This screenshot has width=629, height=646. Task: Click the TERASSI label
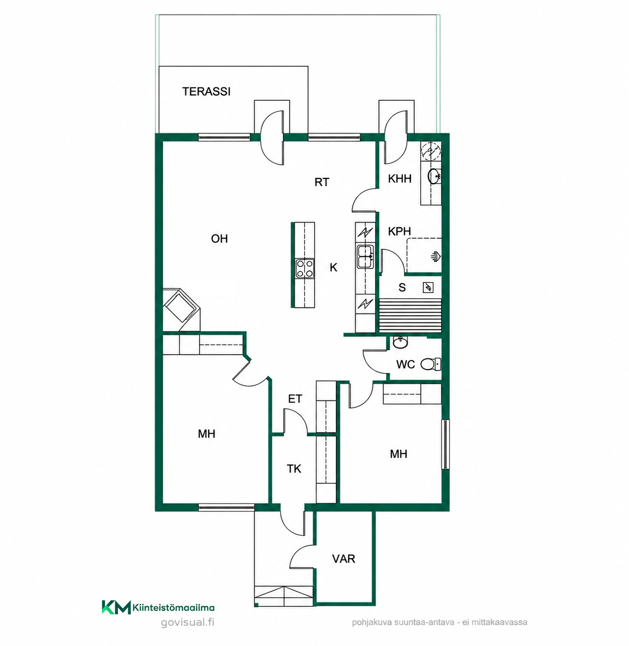click(x=206, y=91)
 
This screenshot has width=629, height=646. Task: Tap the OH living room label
click(x=219, y=239)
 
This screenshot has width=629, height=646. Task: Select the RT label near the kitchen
click(x=322, y=182)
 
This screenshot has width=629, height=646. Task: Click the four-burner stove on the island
click(x=305, y=268)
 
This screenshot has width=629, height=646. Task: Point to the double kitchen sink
click(x=365, y=256)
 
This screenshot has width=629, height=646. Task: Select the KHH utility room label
click(x=400, y=178)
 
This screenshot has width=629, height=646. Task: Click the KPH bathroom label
click(x=399, y=231)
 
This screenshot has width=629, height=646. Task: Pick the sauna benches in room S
click(x=410, y=315)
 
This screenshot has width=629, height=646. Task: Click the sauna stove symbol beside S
click(x=428, y=287)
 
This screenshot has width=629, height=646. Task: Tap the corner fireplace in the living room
click(x=181, y=310)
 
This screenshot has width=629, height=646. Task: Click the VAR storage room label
click(x=343, y=559)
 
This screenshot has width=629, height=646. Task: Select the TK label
click(x=294, y=469)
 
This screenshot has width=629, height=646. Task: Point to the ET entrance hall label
click(x=295, y=398)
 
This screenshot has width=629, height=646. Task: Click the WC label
click(x=405, y=364)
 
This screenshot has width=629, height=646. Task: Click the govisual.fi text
click(x=187, y=622)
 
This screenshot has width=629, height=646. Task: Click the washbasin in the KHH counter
click(x=434, y=176)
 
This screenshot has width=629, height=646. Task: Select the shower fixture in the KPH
click(x=436, y=256)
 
